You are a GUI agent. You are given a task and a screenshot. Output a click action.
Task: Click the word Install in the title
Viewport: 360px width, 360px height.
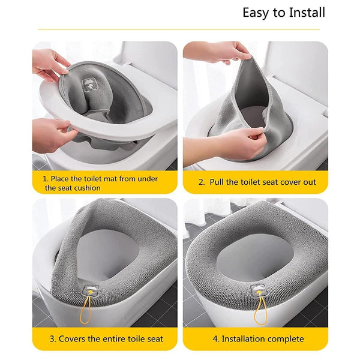pos(305,13)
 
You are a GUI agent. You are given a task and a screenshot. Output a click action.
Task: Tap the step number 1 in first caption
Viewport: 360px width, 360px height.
pos(45,179)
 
